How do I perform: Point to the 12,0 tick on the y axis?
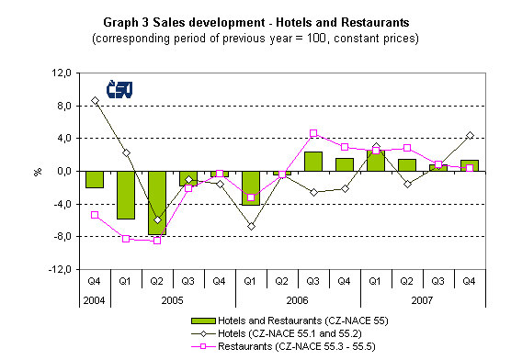coord(59,73)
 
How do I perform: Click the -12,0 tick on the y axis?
coord(57,270)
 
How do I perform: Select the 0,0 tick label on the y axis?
coord(61,171)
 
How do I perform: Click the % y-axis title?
coord(38,171)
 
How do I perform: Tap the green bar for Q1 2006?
coord(251,187)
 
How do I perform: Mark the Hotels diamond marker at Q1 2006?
coord(251,226)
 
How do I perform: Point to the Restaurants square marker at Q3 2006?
coord(313,133)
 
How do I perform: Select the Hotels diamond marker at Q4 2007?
coord(470,135)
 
